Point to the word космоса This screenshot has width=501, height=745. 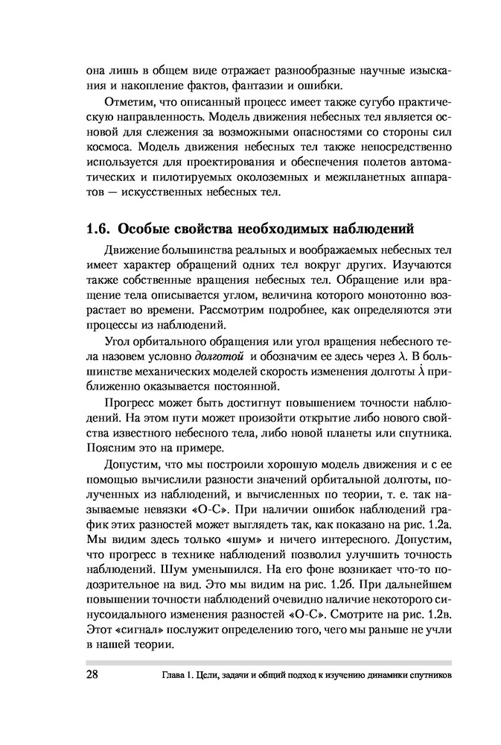[109, 147]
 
